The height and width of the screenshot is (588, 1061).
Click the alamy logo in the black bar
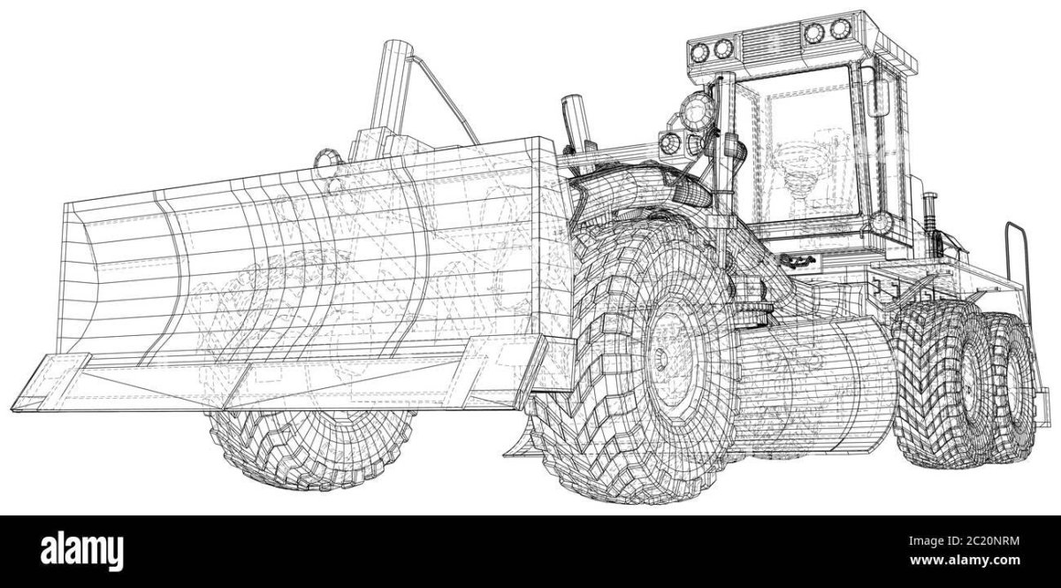82,552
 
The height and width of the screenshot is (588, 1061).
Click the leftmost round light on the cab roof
699,51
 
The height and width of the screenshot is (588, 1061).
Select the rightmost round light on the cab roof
840,29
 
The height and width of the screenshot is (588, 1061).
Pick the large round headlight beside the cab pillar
698,111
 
